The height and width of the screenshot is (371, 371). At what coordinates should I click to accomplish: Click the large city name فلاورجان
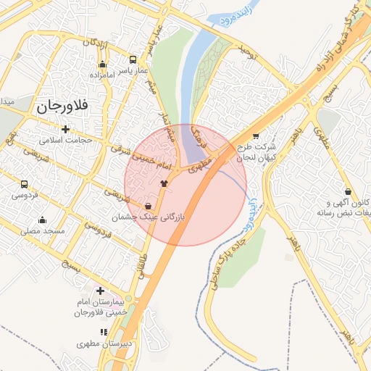(x=61, y=106)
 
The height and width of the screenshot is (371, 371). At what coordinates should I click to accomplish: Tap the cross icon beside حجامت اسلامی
(x=66, y=130)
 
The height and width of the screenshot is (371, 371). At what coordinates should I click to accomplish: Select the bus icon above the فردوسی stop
(x=25, y=185)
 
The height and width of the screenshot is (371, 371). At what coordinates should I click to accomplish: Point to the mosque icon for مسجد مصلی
(x=42, y=220)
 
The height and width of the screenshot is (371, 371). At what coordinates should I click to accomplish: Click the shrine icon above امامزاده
(x=102, y=64)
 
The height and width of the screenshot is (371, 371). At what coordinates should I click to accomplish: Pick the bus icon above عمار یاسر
(x=133, y=59)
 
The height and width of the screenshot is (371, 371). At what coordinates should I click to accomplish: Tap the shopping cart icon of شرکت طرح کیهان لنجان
(x=256, y=136)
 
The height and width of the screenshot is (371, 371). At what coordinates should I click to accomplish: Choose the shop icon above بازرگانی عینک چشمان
(x=149, y=206)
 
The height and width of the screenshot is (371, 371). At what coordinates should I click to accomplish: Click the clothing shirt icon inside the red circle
(x=164, y=183)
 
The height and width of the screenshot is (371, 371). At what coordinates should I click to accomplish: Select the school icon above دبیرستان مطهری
(x=104, y=332)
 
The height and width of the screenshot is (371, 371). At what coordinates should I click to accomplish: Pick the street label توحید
(x=249, y=51)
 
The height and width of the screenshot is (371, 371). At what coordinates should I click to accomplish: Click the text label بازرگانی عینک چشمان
(x=150, y=217)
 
